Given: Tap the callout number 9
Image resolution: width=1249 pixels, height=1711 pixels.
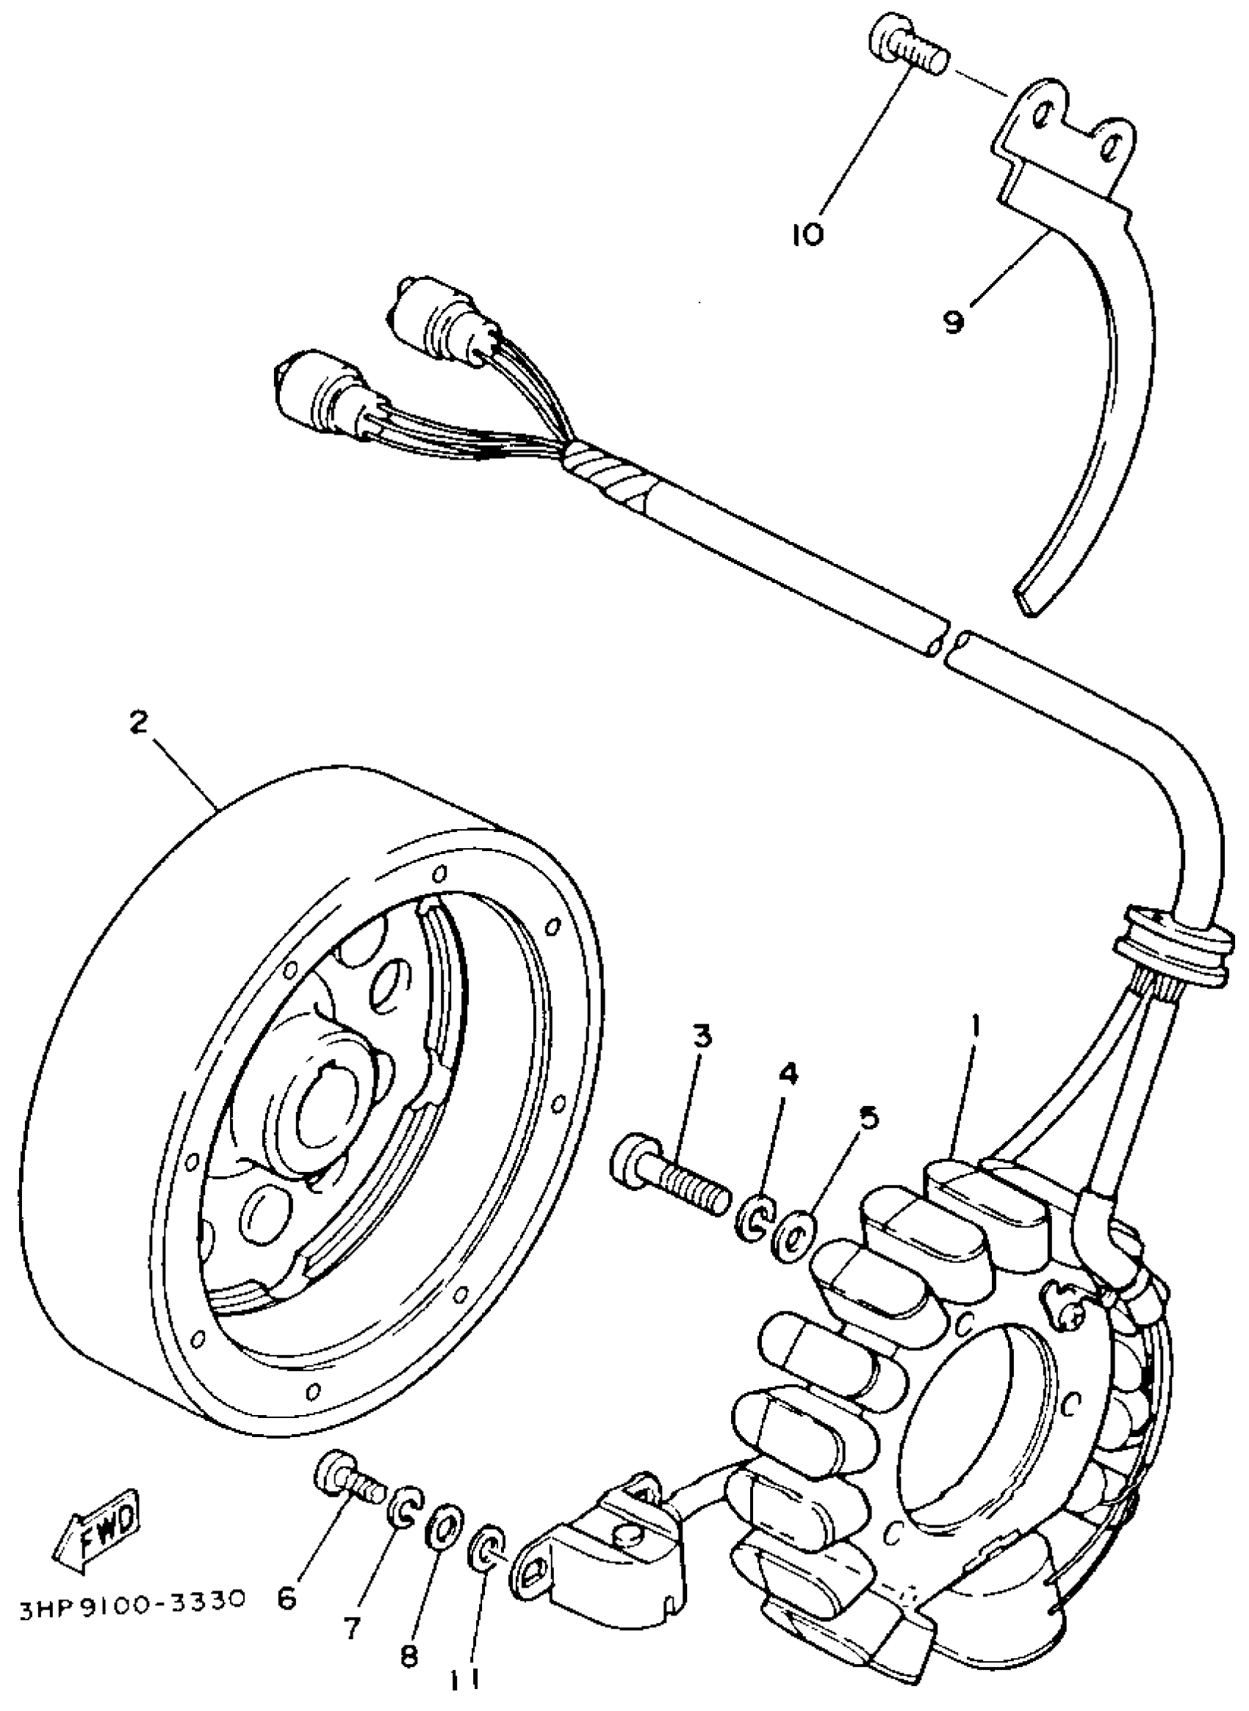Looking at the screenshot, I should tap(954, 322).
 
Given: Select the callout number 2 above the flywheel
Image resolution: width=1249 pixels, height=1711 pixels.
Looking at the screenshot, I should tap(138, 722).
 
